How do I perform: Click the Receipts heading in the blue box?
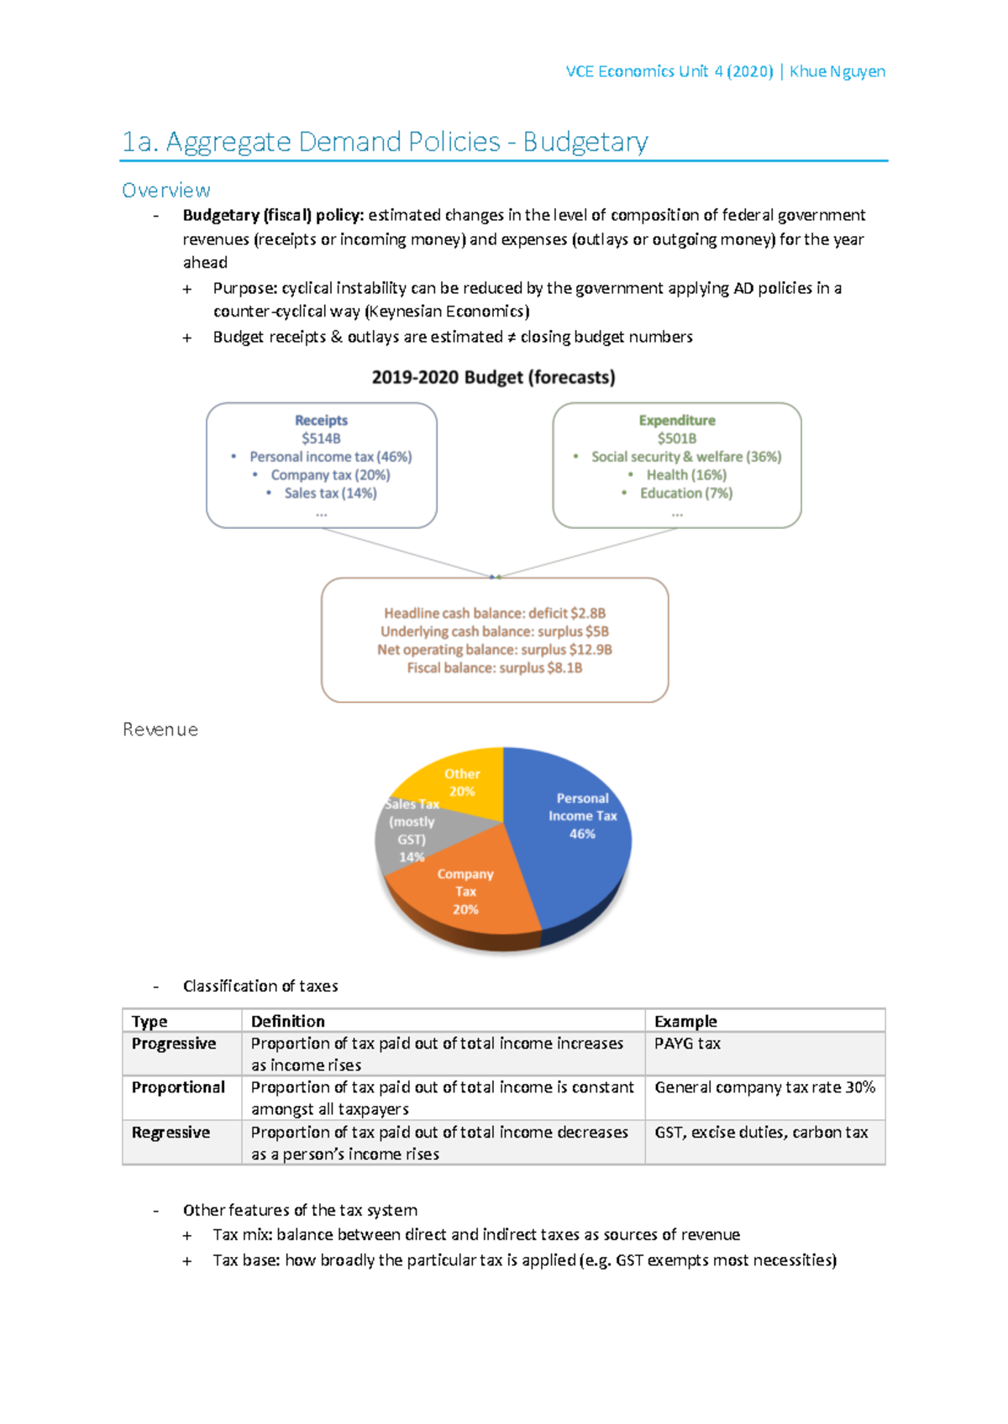click(x=321, y=420)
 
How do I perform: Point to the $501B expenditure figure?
click(x=676, y=438)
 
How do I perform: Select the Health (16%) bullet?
click(x=685, y=475)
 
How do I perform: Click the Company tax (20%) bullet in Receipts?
click(x=330, y=475)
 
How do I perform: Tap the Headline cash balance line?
click(x=495, y=614)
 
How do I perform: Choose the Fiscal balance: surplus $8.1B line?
click(x=495, y=668)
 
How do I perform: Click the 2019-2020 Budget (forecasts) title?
click(x=493, y=378)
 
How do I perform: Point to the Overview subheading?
click(x=165, y=191)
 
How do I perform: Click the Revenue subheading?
click(x=160, y=730)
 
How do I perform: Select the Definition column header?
click(x=287, y=1021)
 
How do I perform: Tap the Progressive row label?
click(x=174, y=1044)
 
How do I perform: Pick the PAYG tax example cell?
click(x=687, y=1044)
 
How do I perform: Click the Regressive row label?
click(x=171, y=1133)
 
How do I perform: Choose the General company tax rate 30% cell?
click(x=764, y=1087)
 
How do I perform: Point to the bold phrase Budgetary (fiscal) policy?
click(x=273, y=216)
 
